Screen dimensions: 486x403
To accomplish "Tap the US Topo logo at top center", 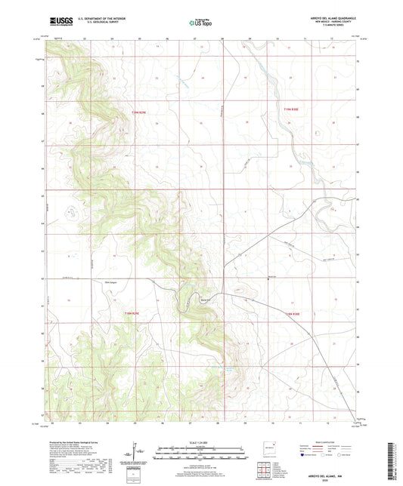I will pos(200,23).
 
